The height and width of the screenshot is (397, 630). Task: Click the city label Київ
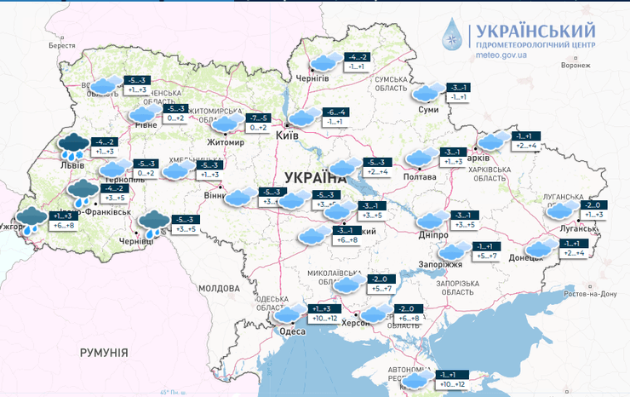tap(288, 135)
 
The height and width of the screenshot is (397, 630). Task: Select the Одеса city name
tap(292, 331)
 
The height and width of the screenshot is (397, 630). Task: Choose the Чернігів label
tap(311, 78)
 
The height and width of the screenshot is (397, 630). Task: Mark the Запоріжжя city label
tap(463, 265)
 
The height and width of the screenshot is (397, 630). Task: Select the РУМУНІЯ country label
tap(104, 352)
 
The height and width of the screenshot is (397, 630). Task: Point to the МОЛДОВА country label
tap(220, 289)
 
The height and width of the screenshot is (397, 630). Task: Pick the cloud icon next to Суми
tap(429, 92)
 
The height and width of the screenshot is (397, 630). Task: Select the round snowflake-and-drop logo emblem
tap(453, 36)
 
